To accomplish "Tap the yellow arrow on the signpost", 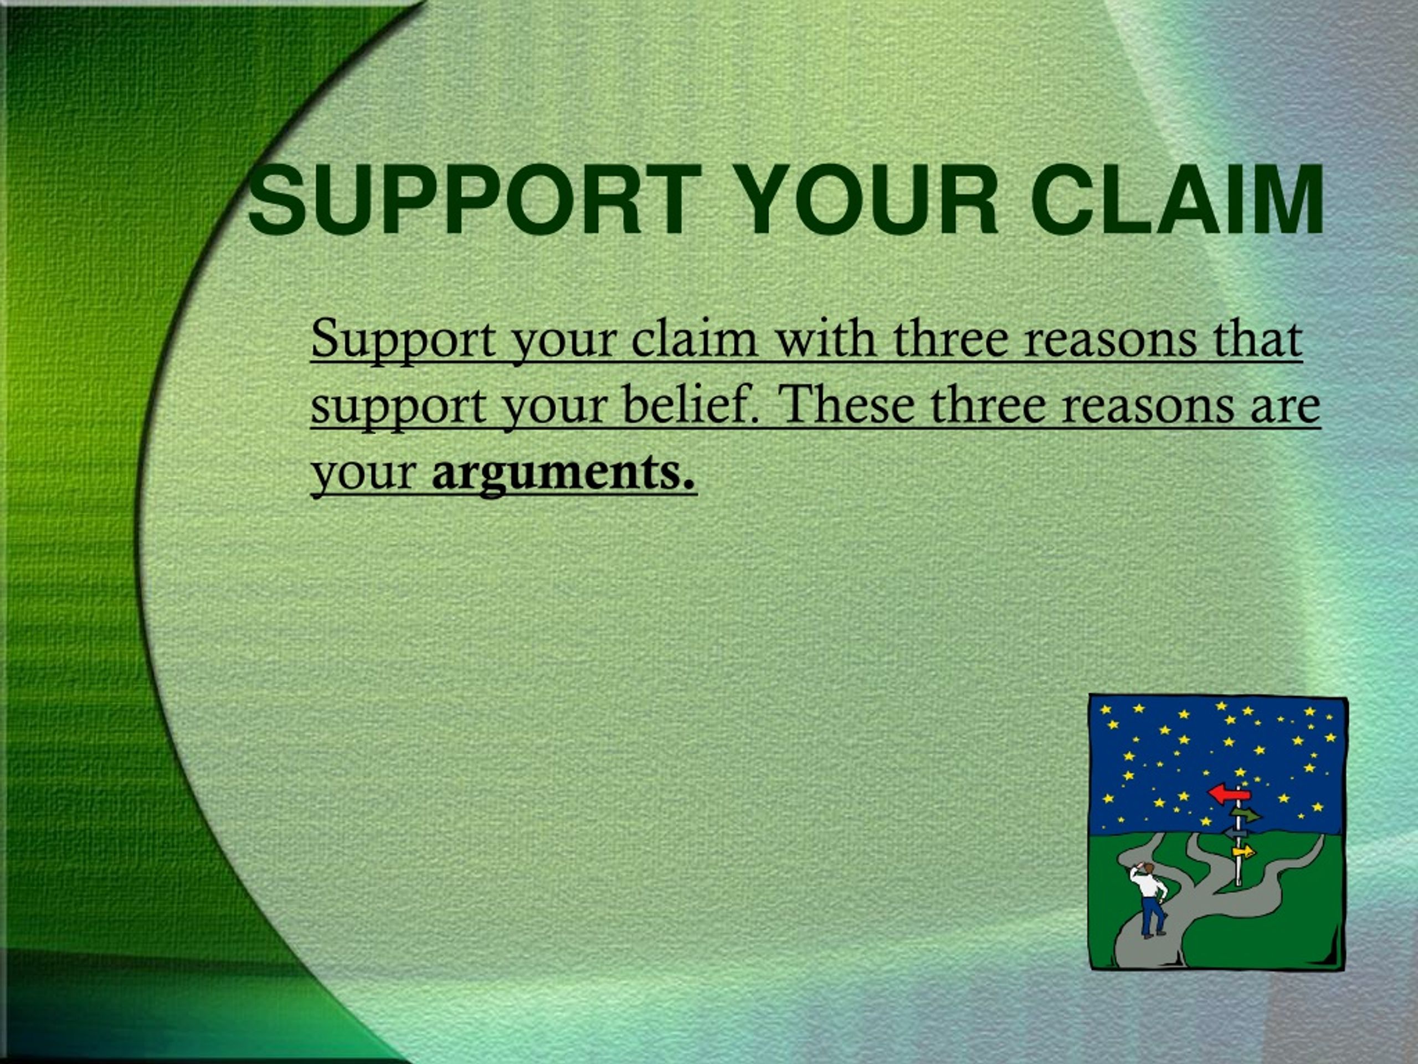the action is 1244,852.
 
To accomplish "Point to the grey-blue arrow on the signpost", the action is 1235,833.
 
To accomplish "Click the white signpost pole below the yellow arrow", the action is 1239,873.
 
